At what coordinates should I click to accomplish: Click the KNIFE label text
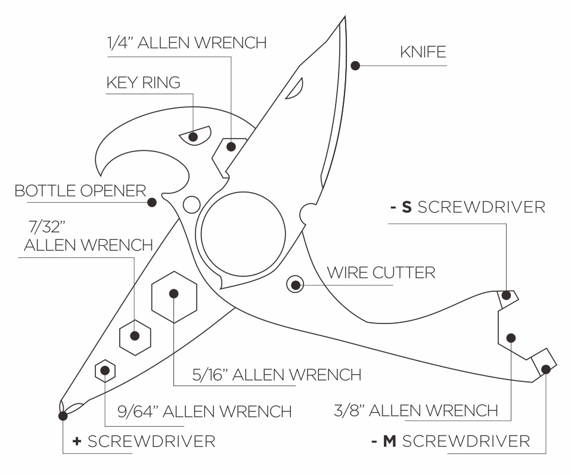[x=423, y=52]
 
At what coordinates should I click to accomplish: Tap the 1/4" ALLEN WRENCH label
[x=187, y=43]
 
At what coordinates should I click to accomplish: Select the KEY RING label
[x=143, y=82]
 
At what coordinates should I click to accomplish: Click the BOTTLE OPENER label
[x=80, y=191]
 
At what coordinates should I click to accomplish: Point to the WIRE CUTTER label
[x=381, y=273]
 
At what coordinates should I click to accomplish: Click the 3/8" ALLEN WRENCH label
[x=416, y=411]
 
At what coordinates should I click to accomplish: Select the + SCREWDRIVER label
[x=144, y=442]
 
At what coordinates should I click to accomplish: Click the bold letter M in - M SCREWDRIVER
[x=389, y=442]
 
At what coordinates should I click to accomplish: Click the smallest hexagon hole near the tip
[x=105, y=371]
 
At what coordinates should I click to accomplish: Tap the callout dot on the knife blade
[x=356, y=65]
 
